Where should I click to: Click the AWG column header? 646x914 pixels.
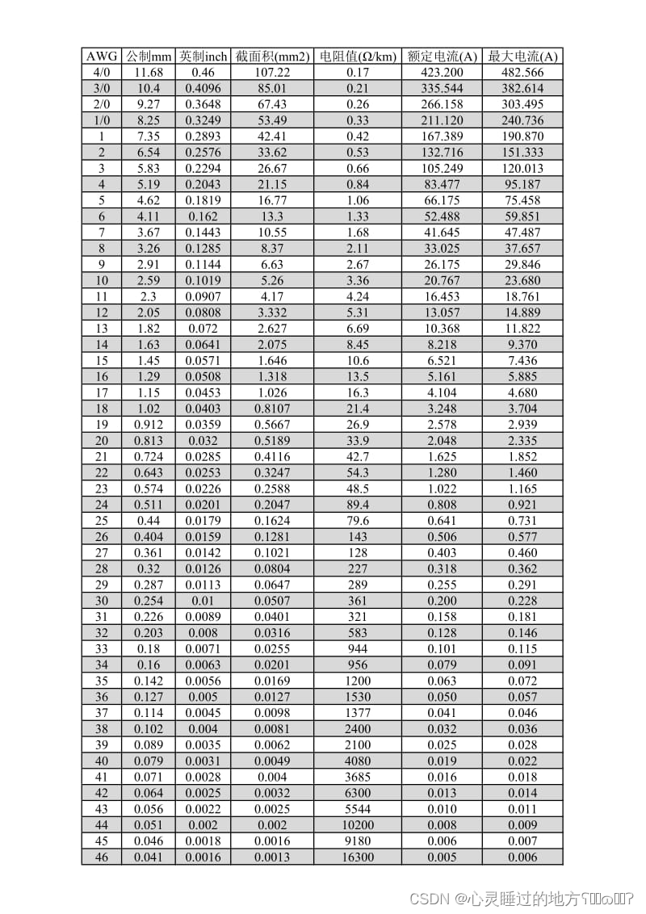(102, 57)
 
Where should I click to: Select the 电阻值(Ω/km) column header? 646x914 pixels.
(358, 57)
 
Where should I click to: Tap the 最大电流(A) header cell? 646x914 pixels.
(522, 57)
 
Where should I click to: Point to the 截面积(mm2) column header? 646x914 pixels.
(272, 57)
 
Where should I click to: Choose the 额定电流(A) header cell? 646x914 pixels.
(442, 57)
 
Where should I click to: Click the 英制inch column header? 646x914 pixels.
(203, 57)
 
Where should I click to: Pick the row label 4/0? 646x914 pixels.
(102, 73)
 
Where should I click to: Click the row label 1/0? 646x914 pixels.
(102, 120)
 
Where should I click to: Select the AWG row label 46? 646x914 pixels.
(102, 857)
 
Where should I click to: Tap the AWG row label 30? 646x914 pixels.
(102, 601)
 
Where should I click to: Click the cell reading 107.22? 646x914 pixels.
(272, 73)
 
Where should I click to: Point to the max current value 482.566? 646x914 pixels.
(522, 73)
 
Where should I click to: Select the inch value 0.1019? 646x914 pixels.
(203, 280)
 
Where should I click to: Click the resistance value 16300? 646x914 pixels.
(358, 857)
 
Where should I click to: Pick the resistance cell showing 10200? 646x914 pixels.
(358, 825)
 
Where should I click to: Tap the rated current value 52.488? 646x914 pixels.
(442, 216)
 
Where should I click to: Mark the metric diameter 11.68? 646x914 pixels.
(149, 73)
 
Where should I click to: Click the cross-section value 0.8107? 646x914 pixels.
(272, 409)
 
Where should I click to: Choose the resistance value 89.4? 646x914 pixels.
(358, 505)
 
